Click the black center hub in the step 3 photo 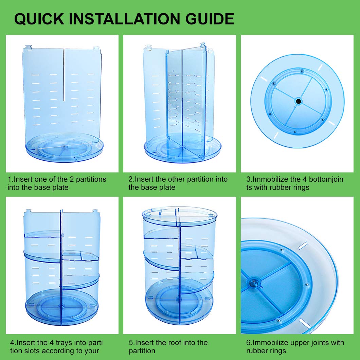tap(299, 101)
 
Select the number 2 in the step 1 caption tap(71, 179)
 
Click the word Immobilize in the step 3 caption tap(271, 179)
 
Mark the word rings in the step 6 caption tap(277, 351)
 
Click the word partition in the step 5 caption tap(142, 351)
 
